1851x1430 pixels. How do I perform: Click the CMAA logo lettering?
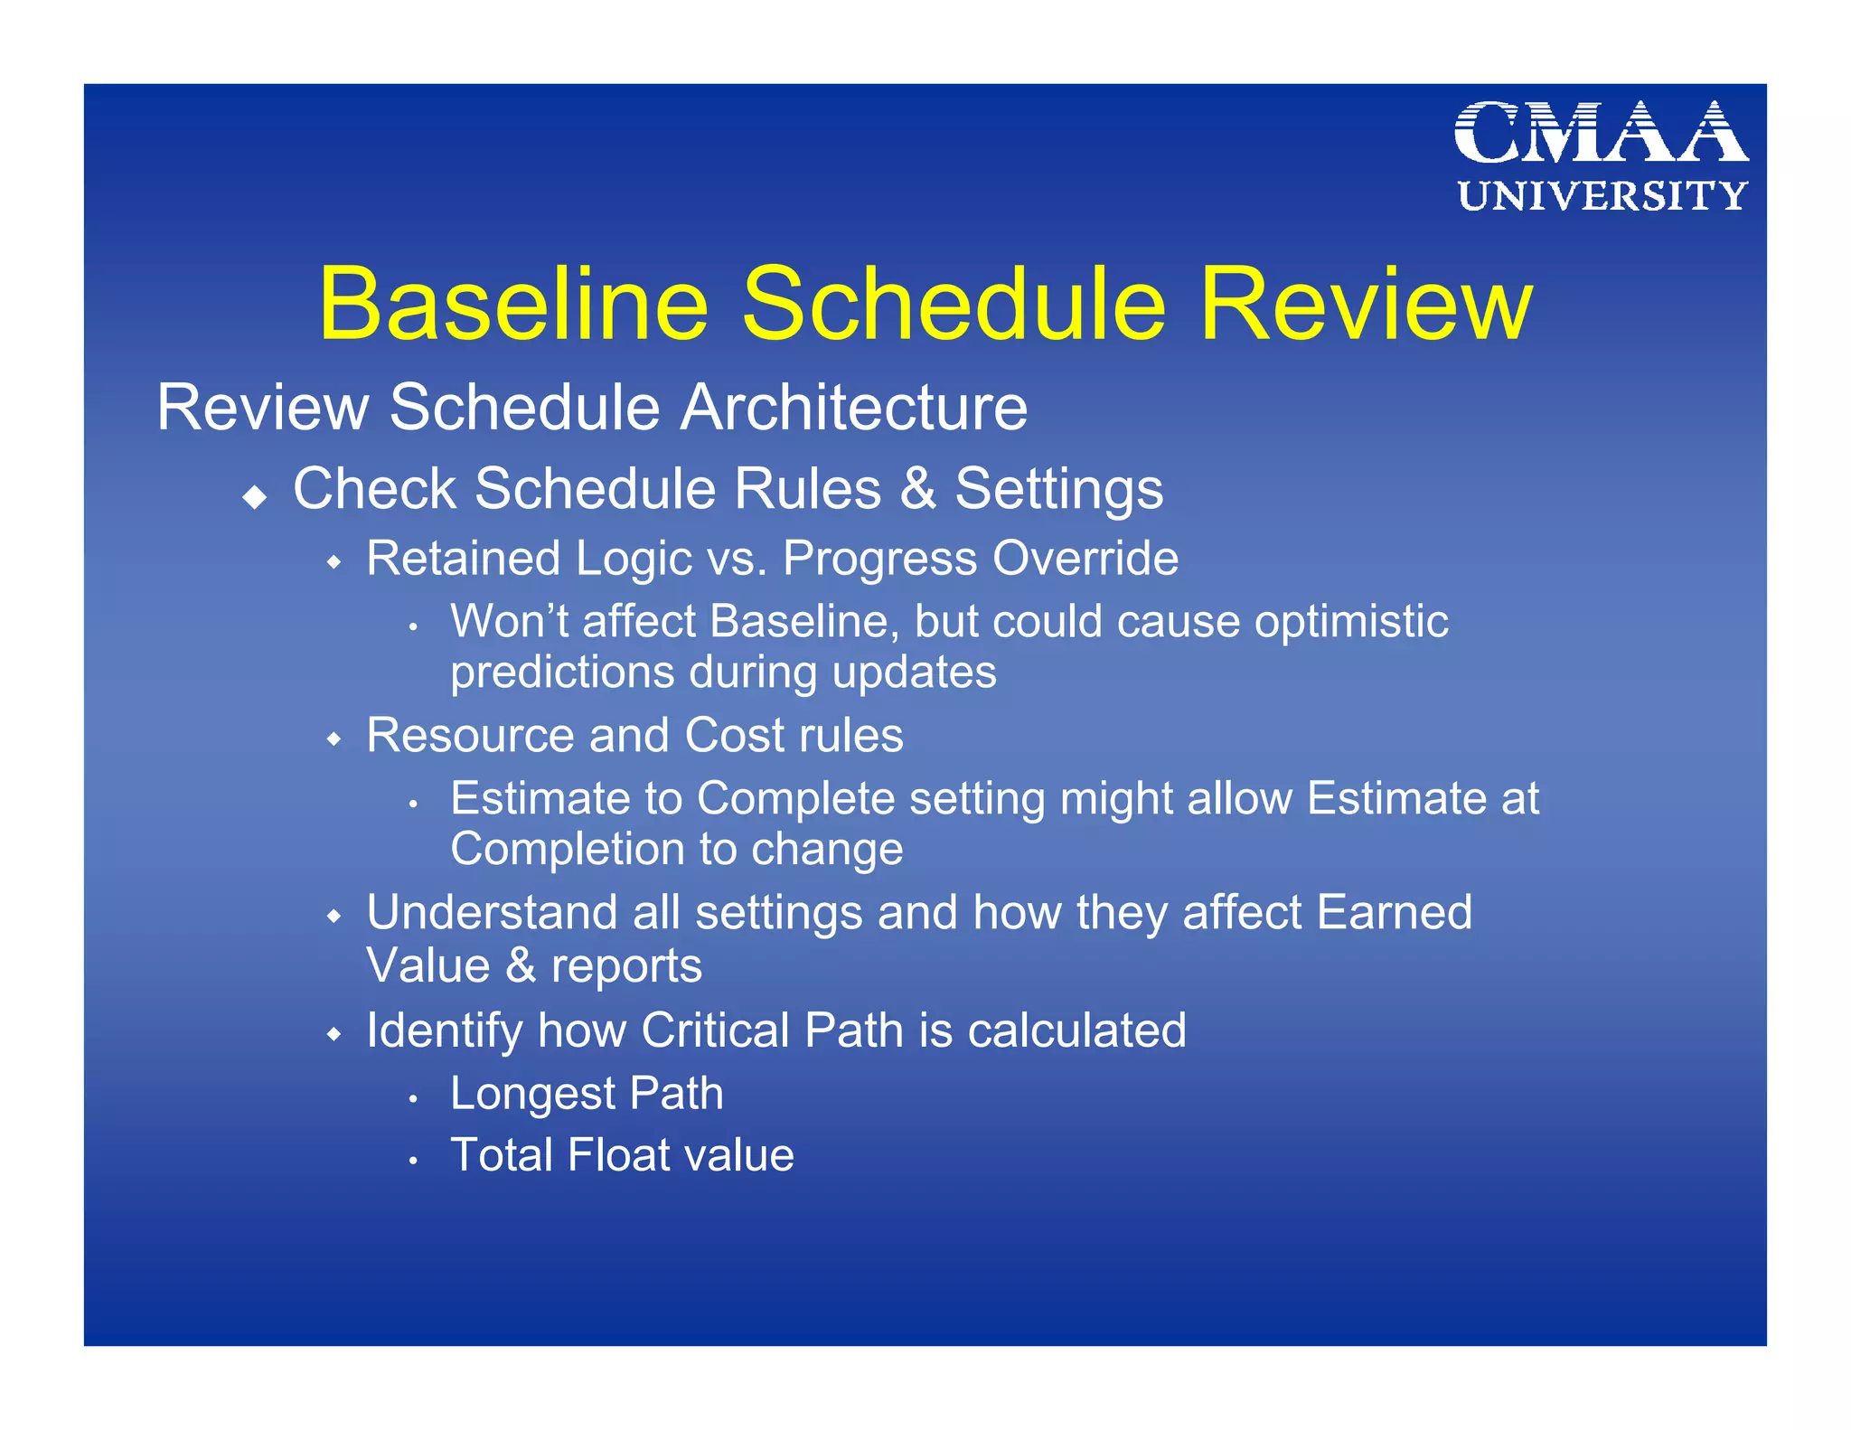tap(1601, 134)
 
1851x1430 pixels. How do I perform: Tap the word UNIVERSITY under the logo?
tap(1602, 196)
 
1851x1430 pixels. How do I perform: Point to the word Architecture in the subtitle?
tap(853, 408)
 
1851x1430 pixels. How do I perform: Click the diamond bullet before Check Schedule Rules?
tap(256, 496)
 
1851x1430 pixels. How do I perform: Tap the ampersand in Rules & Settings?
tap(918, 489)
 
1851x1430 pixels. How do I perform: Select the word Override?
tap(1085, 558)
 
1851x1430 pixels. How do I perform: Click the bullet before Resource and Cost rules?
tap(334, 739)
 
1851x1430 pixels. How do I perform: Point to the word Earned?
tap(1394, 912)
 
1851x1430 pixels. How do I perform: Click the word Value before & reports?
tap(428, 965)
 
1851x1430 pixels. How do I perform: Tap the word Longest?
tap(532, 1095)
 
